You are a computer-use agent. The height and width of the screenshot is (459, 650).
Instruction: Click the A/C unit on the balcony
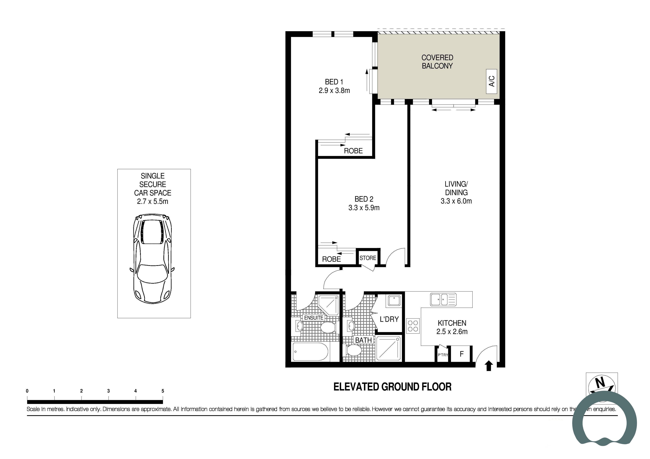pyautogui.click(x=491, y=81)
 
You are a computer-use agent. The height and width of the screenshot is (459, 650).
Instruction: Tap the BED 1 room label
pyautogui.click(x=334, y=82)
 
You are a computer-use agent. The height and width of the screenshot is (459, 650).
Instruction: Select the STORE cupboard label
pyautogui.click(x=368, y=258)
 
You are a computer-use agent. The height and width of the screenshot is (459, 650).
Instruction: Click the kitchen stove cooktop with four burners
pyautogui.click(x=413, y=326)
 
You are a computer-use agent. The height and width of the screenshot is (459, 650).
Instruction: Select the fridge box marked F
pyautogui.click(x=461, y=354)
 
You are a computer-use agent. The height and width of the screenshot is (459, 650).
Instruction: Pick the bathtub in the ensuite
pyautogui.click(x=311, y=352)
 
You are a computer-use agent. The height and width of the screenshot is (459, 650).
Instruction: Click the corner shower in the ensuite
pyautogui.click(x=328, y=305)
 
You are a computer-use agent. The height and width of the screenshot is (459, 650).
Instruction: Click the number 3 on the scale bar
pyautogui.click(x=108, y=391)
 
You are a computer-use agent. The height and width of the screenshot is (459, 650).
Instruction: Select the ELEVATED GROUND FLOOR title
pyautogui.click(x=392, y=387)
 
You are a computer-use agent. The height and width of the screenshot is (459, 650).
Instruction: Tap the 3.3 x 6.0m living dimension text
pyautogui.click(x=456, y=201)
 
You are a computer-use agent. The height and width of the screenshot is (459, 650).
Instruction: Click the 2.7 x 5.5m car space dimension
pyautogui.click(x=153, y=201)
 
